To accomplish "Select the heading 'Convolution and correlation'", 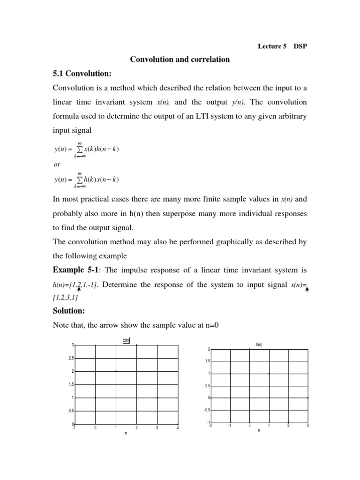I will click(180, 60).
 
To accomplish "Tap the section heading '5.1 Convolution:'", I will click(82, 74).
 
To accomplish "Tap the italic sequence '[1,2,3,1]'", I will click(66, 298).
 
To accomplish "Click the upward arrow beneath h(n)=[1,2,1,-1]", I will click(79, 290).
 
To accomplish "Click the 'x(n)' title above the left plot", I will click(126, 341).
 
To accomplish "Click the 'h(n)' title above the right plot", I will click(259, 345).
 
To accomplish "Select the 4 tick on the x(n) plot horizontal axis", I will click(178, 427).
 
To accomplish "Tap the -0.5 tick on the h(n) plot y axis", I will click(207, 410).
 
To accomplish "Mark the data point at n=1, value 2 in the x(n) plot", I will click(116, 371).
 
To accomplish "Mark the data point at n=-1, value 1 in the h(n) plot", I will click(230, 373).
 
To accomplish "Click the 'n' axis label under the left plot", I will click(126, 434).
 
